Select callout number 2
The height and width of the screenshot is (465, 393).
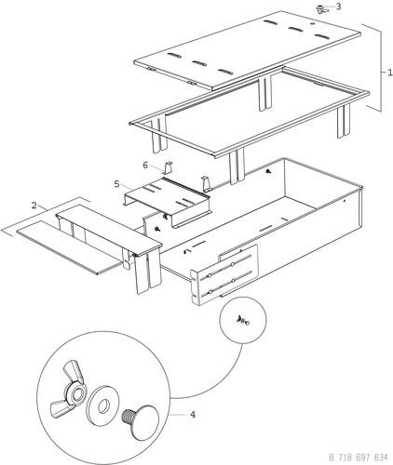[x=34, y=205]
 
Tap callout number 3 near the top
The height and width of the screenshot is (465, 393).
[x=338, y=6]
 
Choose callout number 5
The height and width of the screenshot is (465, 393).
[x=117, y=184]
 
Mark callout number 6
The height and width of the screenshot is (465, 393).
[x=144, y=164]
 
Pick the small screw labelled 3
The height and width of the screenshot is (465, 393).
[x=320, y=8]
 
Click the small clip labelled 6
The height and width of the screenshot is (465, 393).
[x=169, y=167]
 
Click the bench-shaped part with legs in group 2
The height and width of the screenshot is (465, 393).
[x=107, y=232]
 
